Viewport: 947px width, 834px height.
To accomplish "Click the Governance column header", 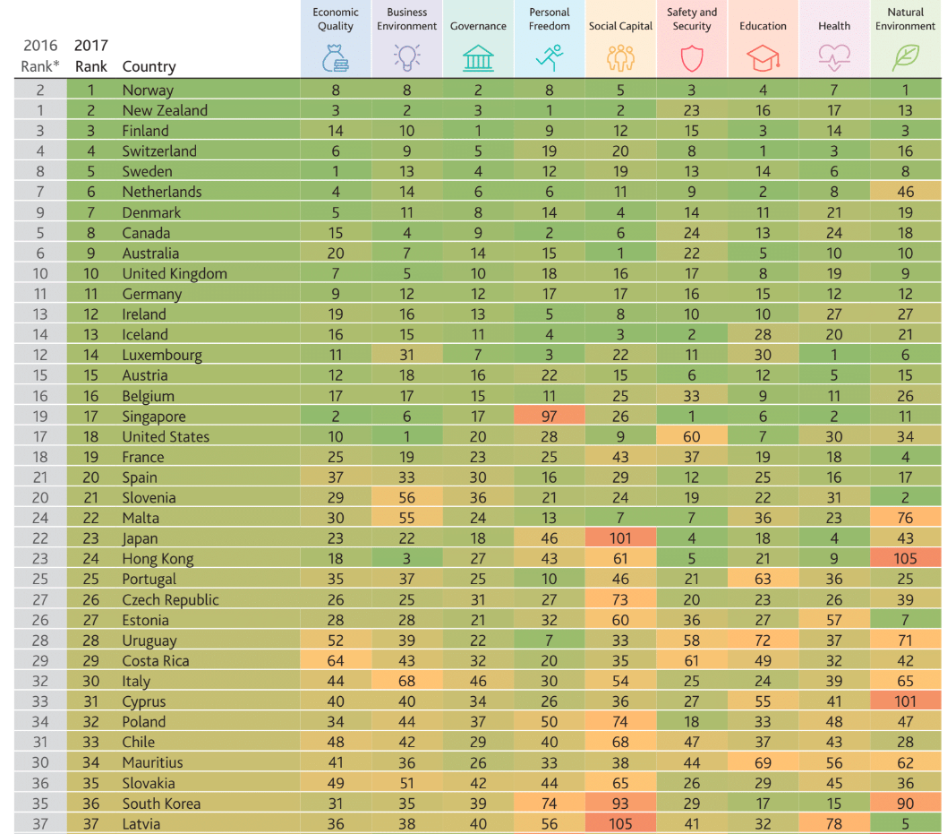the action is coord(478,26).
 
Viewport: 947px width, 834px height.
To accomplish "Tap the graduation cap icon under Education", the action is coord(763,58).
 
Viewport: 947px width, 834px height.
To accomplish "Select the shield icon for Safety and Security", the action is coord(692,59).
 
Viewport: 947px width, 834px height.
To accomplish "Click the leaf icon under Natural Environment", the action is coord(905,58).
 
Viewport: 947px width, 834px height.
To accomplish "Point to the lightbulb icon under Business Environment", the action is coord(406,58).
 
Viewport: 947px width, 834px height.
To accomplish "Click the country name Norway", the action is coord(148,90).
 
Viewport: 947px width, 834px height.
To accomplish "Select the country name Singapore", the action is coord(154,417).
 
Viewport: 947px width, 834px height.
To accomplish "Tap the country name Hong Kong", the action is coord(158,559).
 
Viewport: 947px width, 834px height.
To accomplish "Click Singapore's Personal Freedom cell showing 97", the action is coord(549,416).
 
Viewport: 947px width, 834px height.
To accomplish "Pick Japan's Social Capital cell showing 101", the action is coord(620,537).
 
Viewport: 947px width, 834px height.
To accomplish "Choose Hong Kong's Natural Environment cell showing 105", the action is coord(905,558).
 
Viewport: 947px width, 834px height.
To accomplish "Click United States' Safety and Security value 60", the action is coord(692,436).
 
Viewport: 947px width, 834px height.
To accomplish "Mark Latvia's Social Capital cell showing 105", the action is coord(620,824).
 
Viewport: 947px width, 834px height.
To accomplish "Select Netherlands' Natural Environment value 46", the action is coord(905,192).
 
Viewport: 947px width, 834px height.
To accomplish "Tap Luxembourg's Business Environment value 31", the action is coord(406,355).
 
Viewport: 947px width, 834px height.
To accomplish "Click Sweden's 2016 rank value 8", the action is coord(40,172).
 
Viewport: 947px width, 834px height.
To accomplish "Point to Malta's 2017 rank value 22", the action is coord(90,518).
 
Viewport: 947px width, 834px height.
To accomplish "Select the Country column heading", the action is coord(149,66).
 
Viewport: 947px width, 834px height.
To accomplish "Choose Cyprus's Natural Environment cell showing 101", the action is coord(905,701).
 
